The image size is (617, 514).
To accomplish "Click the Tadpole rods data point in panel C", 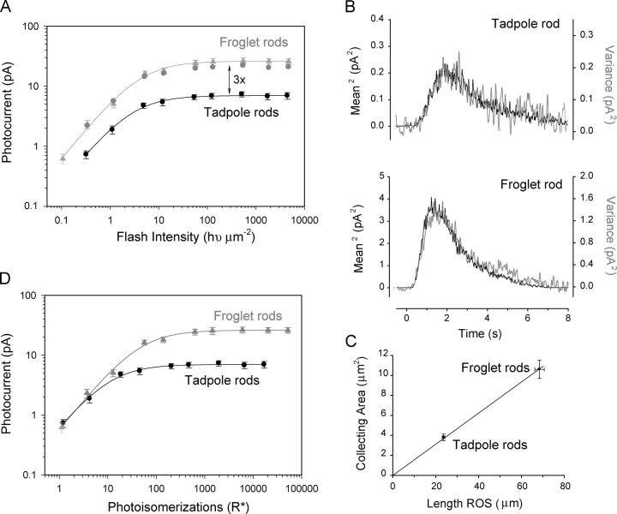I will [x=443, y=437].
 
